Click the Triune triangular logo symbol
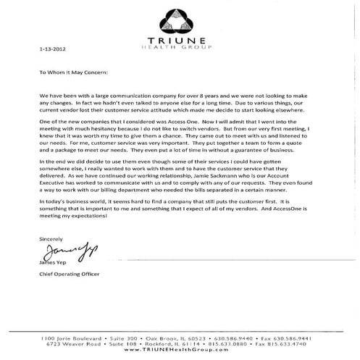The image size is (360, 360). [x=180, y=15]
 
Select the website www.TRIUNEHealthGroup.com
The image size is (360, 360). [x=180, y=348]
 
